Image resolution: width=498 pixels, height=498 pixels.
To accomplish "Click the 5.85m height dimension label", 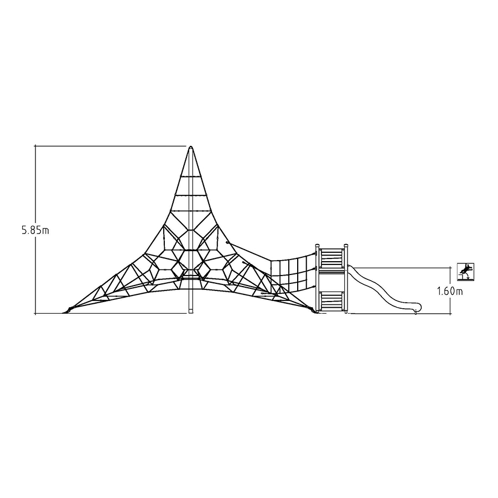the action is pyautogui.click(x=35, y=230).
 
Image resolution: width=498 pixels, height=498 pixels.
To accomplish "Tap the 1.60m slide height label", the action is pyautogui.click(x=450, y=291).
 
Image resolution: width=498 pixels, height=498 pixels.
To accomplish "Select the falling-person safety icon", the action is pyautogui.click(x=465, y=272).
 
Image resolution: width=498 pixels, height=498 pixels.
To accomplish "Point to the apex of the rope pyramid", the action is pyautogui.click(x=191, y=147).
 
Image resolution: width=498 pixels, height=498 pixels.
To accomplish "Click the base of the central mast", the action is pyautogui.click(x=191, y=312).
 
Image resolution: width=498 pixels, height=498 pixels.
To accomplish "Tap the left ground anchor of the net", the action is pyautogui.click(x=68, y=310).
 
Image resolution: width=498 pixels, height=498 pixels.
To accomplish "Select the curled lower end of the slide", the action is pyautogui.click(x=417, y=307).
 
